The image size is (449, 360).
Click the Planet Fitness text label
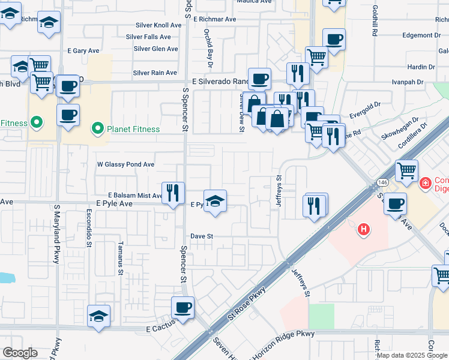(x=133, y=129)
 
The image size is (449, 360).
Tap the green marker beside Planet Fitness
(x=95, y=128)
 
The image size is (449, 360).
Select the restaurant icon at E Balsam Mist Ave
(x=173, y=193)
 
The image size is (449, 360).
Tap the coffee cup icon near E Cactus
(x=182, y=308)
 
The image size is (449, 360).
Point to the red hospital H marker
(x=363, y=229)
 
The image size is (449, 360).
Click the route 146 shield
(x=382, y=182)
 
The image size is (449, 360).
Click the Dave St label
(x=202, y=236)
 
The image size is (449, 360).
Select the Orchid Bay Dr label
(x=210, y=45)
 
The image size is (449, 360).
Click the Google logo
(x=19, y=353)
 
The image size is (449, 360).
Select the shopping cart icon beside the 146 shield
(x=407, y=172)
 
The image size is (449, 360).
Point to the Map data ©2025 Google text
(x=411, y=355)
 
